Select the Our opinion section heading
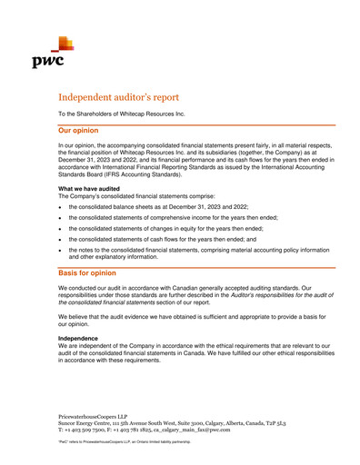point(85,131)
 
